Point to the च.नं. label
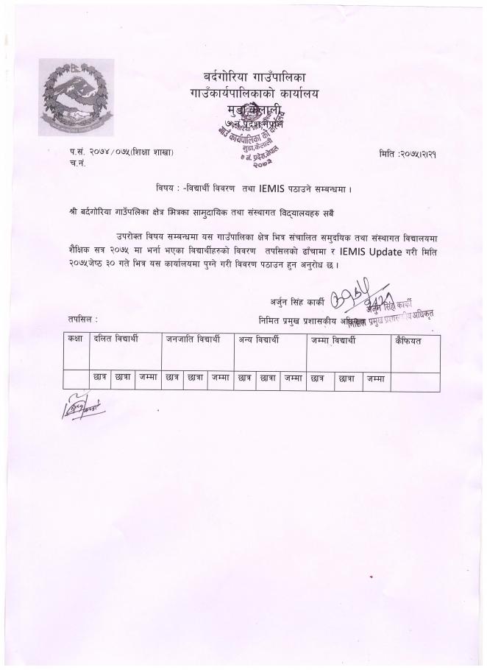point(69,163)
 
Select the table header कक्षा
point(75,340)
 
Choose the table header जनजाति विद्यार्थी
point(193,340)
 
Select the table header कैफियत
point(408,340)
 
